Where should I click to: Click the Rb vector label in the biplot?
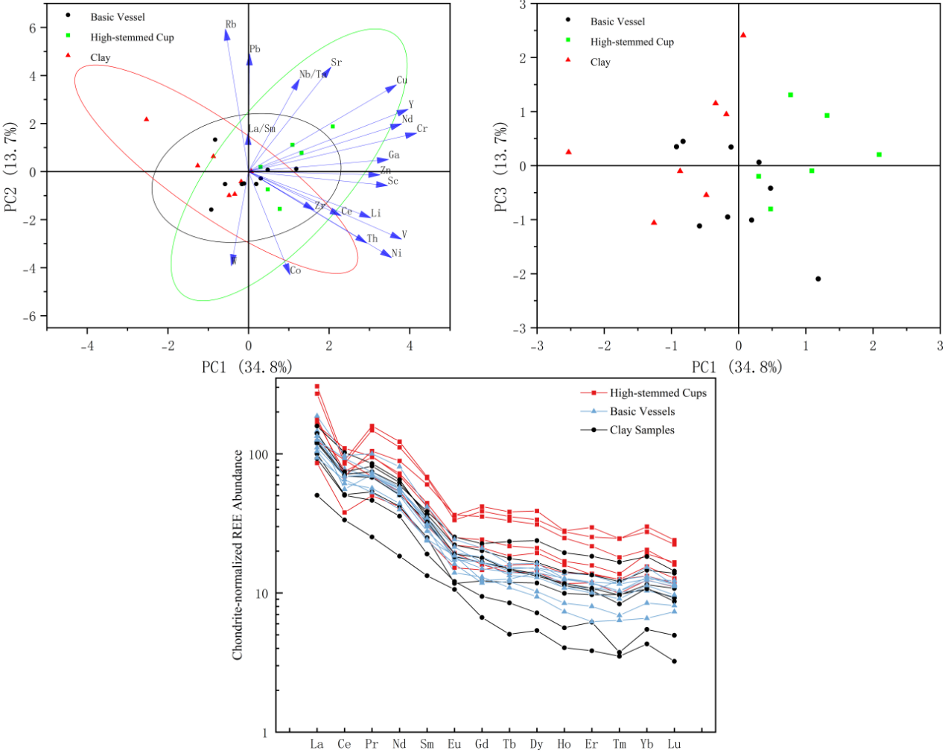231,25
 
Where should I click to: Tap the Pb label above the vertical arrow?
255,49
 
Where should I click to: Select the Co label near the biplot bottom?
296,270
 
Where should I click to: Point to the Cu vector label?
402,80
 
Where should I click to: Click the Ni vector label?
397,253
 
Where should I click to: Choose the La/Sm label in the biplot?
262,129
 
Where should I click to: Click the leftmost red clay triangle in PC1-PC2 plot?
147,119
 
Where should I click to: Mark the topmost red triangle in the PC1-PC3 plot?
743,35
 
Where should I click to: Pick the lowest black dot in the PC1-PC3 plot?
818,279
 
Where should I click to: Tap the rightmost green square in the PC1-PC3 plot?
879,155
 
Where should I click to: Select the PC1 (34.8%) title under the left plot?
246,367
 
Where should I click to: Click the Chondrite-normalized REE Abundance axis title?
238,555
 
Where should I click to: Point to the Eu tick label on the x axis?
454,744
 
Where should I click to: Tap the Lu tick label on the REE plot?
674,744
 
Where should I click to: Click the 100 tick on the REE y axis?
258,454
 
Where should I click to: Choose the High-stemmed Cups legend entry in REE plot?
658,393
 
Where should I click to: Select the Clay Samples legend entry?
642,430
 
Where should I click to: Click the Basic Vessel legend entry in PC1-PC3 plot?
617,22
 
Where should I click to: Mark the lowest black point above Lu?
675,661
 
